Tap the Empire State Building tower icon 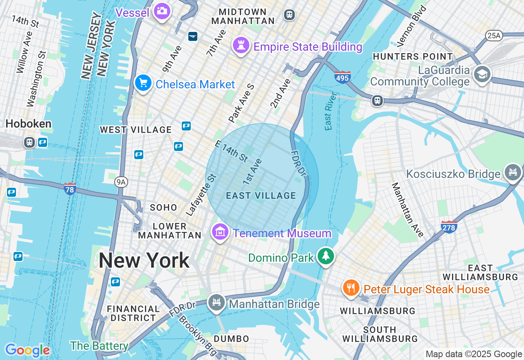click(241, 45)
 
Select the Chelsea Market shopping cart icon click(143, 83)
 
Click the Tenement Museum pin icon click(220, 232)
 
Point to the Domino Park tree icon click(326, 256)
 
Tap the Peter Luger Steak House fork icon click(351, 288)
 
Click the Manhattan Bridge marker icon click(216, 303)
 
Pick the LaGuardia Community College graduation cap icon click(482, 74)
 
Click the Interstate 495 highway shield click(342, 77)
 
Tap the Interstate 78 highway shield click(70, 189)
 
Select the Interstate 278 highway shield click(449, 227)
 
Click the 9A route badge click(120, 182)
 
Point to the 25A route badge click(494, 36)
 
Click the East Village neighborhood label click(261, 196)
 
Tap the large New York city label click(144, 261)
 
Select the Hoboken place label click(28, 124)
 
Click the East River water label click(331, 111)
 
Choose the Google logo click(27, 351)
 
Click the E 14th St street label click(232, 151)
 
